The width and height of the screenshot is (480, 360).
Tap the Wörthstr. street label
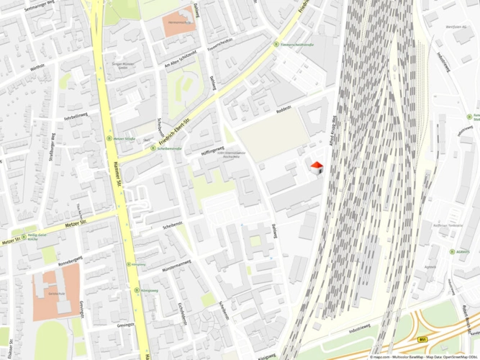pos(37,67)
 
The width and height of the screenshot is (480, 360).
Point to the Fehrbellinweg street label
pos(76,114)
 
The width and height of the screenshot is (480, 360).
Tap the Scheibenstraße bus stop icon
pos(153,148)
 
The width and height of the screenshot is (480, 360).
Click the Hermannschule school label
pos(178,22)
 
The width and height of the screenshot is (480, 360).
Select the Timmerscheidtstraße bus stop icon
pos(275,44)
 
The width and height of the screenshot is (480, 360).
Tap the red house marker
pos(316,167)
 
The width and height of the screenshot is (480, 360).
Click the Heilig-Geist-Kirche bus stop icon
pos(24,235)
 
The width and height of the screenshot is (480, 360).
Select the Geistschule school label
pos(56,294)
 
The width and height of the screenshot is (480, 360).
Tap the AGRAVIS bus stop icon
pos(450,252)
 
